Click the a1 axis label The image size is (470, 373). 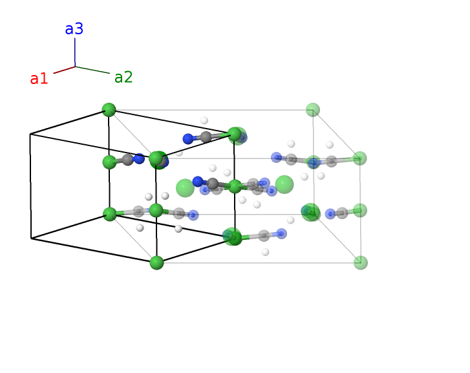click(39, 79)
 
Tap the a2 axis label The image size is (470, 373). click(123, 78)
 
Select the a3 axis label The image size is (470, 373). click(74, 29)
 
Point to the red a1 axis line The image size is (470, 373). click(64, 70)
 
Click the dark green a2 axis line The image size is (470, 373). click(92, 70)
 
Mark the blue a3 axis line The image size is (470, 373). click(75, 52)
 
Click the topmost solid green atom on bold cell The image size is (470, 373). click(109, 110)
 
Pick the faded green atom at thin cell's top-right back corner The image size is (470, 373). click(313, 110)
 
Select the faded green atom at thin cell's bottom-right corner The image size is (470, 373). click(361, 262)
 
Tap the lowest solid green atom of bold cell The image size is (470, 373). click(156, 262)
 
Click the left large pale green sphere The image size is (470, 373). click(185, 187)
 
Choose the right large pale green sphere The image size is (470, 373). click(284, 184)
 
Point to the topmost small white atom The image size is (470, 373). click(204, 120)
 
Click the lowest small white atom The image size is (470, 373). click(266, 252)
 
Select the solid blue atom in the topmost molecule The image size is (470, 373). click(188, 138)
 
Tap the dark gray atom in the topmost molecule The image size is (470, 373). click(206, 137)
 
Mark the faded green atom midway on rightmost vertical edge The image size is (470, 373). click(360, 210)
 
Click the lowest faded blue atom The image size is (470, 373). click(282, 233)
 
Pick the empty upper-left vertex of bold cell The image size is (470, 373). click(30, 134)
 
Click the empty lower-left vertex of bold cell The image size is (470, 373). click(31, 239)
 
